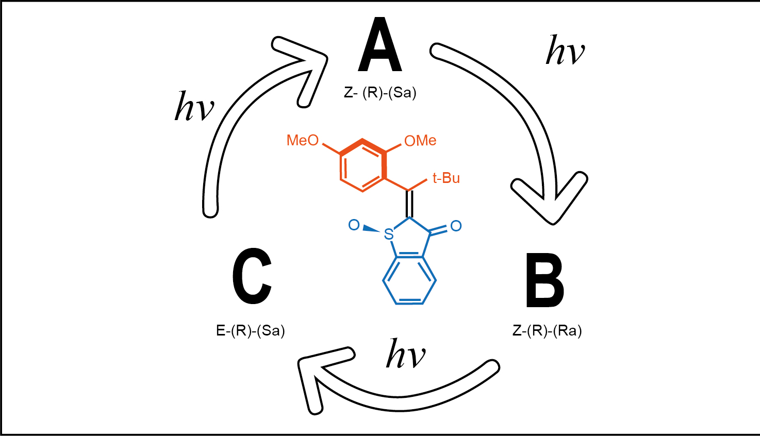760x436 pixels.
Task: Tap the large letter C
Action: (252, 276)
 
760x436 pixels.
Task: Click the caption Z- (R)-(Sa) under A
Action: (380, 93)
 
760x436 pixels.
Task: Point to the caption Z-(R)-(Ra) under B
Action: (547, 330)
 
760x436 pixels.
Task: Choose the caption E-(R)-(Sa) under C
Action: (251, 330)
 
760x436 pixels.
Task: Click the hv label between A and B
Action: (565, 51)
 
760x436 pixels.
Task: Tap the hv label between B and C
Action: (406, 354)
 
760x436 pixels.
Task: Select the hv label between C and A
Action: (194, 107)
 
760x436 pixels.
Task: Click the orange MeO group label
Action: (303, 140)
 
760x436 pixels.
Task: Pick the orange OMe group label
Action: (420, 141)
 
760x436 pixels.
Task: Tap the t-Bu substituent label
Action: (446, 178)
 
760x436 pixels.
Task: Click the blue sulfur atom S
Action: (389, 235)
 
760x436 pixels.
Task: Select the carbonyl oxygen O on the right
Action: (456, 226)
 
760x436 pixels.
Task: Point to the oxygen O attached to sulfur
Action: (354, 225)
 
